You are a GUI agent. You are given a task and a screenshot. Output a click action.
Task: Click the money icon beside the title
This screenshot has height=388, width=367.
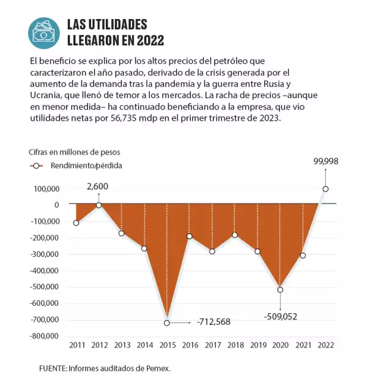[44, 33]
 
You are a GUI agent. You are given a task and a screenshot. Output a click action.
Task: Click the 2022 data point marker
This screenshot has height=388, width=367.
[325, 189]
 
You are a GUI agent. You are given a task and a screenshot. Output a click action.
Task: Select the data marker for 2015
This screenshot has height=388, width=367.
[167, 322]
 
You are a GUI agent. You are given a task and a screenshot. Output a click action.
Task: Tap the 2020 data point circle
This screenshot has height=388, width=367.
[280, 290]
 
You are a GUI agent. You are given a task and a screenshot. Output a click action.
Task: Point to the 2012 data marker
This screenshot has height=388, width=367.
[99, 205]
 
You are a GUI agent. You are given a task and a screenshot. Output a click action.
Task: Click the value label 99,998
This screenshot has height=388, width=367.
[325, 161]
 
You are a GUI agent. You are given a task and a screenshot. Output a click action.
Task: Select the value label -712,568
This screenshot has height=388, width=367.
[210, 322]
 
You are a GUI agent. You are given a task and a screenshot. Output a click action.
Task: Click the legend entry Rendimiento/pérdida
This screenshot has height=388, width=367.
[86, 165]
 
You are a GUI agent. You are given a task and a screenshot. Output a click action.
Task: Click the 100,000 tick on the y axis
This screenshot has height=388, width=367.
[45, 189]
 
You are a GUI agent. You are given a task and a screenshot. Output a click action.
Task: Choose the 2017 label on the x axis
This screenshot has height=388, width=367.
[212, 346]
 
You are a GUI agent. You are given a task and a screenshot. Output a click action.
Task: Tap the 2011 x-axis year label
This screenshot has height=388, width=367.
[76, 346]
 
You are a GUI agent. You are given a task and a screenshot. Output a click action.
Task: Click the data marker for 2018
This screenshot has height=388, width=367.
[235, 235]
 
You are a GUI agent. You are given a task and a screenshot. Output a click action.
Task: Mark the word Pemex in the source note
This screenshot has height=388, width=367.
[157, 368]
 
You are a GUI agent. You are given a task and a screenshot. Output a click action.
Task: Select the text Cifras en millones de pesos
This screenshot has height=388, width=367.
[75, 151]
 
